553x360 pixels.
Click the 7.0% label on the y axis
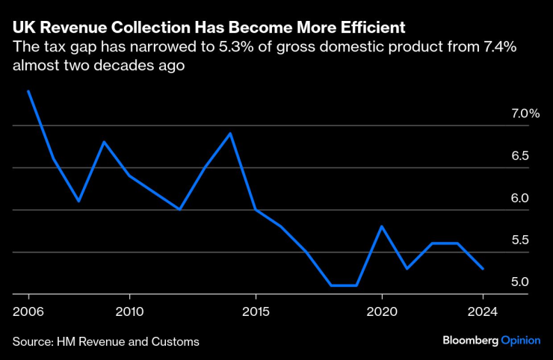click(x=525, y=114)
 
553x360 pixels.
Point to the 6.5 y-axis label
click(x=520, y=156)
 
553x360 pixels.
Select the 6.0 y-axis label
click(x=520, y=198)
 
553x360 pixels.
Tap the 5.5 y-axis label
click(x=520, y=240)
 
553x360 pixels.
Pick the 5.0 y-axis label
click(x=520, y=282)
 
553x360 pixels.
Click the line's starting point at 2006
click(x=28, y=92)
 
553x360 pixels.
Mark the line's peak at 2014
click(x=230, y=134)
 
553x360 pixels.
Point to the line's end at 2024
click(x=483, y=269)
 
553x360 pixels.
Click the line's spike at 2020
click(x=382, y=226)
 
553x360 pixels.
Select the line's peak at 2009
click(x=104, y=142)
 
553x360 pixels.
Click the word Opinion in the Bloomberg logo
click(x=519, y=340)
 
